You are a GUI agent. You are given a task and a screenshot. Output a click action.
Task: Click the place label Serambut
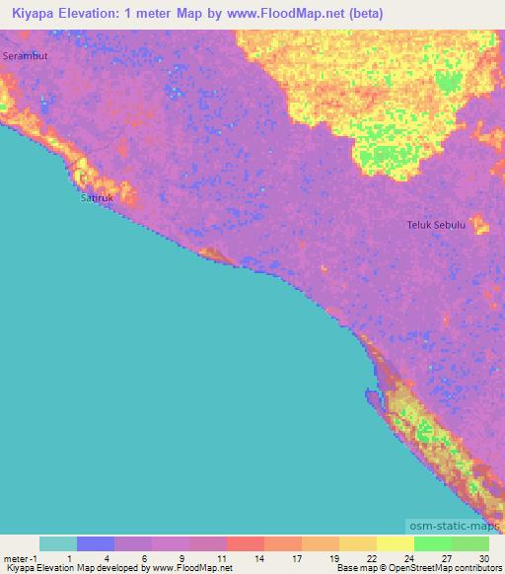[25, 56]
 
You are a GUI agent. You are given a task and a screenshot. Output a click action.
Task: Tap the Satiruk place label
[96, 198]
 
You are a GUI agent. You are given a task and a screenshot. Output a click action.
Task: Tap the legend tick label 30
[484, 557]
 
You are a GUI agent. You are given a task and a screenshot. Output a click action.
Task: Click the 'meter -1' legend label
[19, 557]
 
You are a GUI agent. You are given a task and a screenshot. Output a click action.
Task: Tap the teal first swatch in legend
[58, 543]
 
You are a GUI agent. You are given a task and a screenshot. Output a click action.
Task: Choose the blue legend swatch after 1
[96, 543]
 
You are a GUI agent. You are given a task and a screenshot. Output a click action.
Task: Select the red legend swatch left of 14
[245, 543]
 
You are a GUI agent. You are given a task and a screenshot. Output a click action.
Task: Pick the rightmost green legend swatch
[469, 543]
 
